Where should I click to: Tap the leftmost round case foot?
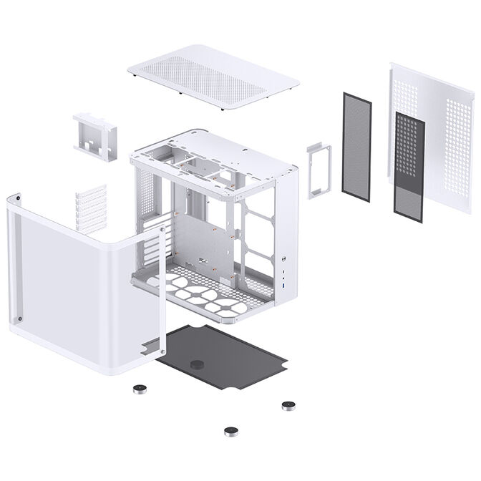(x=138, y=390)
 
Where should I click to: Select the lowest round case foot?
(x=231, y=431)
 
